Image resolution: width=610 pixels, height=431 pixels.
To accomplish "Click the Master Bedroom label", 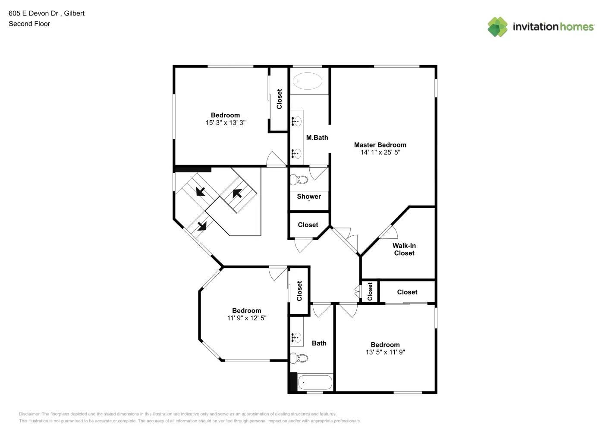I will tap(380, 145).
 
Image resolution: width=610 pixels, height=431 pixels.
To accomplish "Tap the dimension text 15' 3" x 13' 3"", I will tap(225, 123).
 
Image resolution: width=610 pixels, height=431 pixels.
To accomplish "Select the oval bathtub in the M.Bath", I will tap(307, 81).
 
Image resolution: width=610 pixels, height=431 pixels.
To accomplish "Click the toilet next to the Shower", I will tap(299, 179).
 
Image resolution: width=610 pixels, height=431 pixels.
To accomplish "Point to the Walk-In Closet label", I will tap(404, 249).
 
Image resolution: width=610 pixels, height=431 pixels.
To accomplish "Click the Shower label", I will tap(308, 197).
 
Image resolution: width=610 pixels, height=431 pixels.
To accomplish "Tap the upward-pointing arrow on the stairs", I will tap(237, 194).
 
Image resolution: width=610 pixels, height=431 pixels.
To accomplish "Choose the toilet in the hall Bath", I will tap(299, 358).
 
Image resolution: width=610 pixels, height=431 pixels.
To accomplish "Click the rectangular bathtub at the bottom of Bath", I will tap(316, 382).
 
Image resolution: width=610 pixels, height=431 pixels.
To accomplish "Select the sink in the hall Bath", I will tap(296, 337).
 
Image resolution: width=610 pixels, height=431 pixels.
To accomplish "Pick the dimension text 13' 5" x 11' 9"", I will tap(385, 352).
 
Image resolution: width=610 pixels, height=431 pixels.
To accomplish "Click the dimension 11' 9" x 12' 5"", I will tap(246, 318).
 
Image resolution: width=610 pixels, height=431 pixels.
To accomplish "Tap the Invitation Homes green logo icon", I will tap(497, 27).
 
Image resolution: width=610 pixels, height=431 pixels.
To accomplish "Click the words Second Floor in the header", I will tap(29, 24).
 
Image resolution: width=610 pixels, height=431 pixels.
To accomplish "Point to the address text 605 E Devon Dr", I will tap(34, 13).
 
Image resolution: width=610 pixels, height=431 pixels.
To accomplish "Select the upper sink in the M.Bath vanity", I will tap(296, 122).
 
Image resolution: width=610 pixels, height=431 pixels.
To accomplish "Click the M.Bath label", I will tap(317, 137).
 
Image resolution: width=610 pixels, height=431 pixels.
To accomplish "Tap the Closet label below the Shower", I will tap(308, 225).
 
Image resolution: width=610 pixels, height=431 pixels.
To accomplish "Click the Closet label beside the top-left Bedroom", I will tap(279, 99).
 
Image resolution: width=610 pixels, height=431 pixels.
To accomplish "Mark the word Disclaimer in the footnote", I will tap(29, 414).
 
